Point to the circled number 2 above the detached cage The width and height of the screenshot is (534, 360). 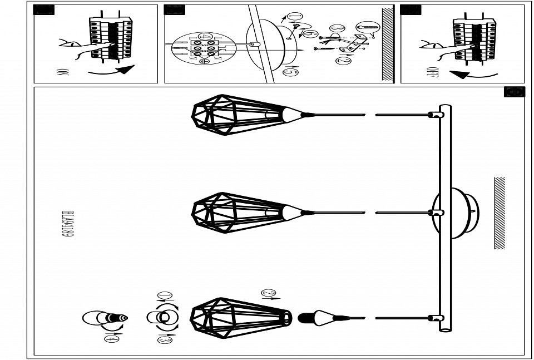268,294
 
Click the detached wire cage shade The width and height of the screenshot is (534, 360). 239,318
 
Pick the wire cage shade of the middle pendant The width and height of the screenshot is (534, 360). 236,213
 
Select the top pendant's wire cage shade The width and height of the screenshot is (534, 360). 236,115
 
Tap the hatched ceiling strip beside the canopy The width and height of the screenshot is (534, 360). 499,213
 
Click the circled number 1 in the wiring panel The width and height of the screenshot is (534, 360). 295,16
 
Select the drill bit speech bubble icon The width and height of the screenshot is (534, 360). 367,26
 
